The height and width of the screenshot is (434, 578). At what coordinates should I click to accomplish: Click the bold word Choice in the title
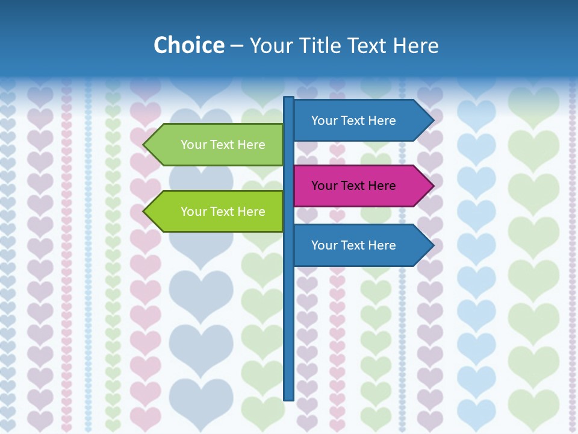(x=188, y=46)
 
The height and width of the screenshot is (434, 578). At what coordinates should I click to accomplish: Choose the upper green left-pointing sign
(x=217, y=145)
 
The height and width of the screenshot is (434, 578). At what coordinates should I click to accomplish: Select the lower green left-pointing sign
(x=217, y=212)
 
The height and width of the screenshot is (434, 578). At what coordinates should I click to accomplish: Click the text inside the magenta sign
(x=353, y=186)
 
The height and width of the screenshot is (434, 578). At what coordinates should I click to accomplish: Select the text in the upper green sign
(x=223, y=145)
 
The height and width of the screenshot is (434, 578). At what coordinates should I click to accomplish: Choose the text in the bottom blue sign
(x=353, y=245)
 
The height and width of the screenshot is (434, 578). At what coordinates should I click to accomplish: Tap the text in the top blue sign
(x=353, y=121)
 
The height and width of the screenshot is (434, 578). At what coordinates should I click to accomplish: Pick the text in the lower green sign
(x=223, y=212)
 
